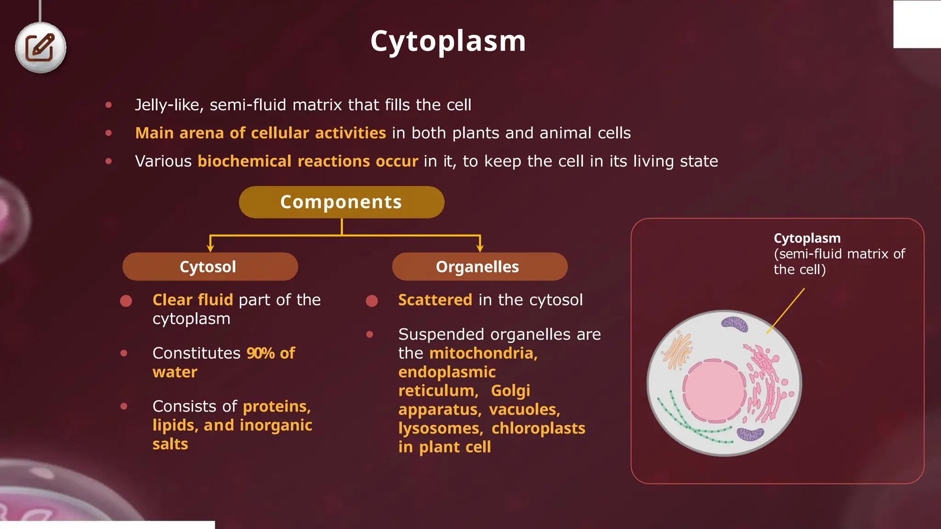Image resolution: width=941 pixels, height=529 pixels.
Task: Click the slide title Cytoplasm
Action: (448, 41)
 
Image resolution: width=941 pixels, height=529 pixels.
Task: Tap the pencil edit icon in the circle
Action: (40, 48)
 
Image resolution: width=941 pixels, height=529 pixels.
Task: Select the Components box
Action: (341, 202)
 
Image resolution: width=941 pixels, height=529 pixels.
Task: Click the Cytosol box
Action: (210, 267)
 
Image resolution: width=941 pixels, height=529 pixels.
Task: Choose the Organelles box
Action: (479, 267)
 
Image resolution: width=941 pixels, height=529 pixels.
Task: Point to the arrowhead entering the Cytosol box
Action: (210, 248)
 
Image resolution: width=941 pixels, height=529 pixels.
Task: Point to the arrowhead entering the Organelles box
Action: (480, 248)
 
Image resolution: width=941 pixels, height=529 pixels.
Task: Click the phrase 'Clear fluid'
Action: (193, 300)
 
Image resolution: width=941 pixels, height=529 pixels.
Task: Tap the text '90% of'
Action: (271, 353)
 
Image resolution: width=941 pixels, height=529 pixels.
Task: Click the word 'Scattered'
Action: (435, 300)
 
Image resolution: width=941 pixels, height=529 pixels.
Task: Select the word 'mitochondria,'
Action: (483, 353)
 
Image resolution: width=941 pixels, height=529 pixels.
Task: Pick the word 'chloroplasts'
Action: (538, 428)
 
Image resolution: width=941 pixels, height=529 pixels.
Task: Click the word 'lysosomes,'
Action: (441, 428)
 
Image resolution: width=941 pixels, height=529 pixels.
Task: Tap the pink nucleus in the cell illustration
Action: (714, 391)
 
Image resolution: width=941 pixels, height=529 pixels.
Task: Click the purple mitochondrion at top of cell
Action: (735, 324)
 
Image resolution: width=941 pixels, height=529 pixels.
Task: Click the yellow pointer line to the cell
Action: (786, 310)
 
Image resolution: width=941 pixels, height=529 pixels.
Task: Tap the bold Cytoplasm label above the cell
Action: (807, 238)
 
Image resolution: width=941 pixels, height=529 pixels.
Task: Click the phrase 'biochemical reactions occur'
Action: (308, 161)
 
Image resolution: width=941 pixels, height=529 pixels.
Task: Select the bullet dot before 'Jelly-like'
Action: (108, 105)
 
